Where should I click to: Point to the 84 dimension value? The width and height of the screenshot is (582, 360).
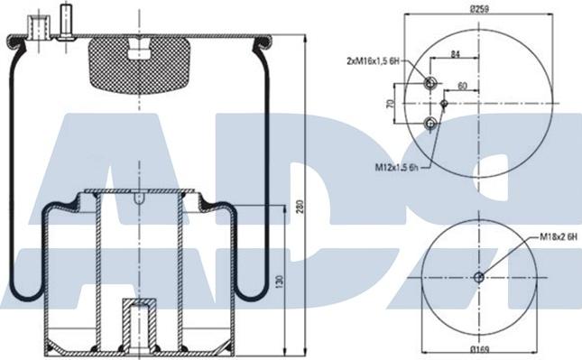point(455,54)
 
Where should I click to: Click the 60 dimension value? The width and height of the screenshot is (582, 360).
point(462,87)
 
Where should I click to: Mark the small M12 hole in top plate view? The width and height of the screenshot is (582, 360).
point(444,103)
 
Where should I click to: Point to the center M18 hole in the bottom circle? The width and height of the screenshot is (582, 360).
point(479,276)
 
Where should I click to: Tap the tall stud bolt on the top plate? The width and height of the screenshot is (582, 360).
point(66,22)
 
